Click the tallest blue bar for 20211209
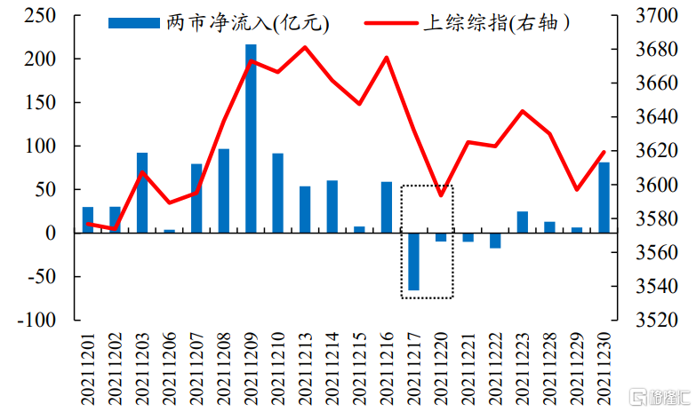click(x=251, y=139)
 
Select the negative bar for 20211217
click(x=413, y=261)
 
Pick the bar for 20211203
click(x=142, y=193)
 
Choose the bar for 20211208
click(x=223, y=190)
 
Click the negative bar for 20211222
click(x=495, y=241)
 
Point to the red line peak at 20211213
click(x=305, y=47)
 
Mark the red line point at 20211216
click(x=387, y=58)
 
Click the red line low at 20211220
click(x=441, y=195)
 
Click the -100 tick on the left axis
click(x=37, y=320)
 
